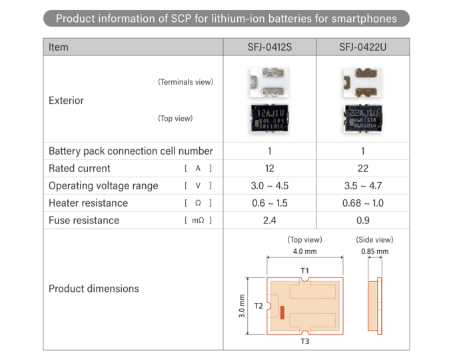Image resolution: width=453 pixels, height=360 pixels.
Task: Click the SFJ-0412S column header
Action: [270, 47]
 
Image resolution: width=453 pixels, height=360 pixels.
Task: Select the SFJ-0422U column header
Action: [362, 47]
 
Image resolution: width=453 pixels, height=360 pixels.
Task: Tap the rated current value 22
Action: [362, 168]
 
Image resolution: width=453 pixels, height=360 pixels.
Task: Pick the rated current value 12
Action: [270, 168]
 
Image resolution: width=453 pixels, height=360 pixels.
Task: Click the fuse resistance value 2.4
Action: [270, 220]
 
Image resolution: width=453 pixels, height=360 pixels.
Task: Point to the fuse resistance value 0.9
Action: [362, 220]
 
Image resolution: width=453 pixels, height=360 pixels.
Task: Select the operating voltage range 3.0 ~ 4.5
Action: [270, 185]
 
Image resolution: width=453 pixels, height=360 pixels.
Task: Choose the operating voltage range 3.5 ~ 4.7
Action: [362, 185]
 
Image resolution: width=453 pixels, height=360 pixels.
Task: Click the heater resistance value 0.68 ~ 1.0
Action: [362, 203]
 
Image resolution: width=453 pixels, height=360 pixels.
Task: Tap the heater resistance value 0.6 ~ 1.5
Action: [270, 203]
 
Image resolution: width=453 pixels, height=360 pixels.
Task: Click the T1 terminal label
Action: [304, 270]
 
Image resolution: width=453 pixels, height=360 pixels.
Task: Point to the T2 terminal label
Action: [258, 306]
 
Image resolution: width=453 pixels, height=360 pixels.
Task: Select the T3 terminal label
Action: [304, 341]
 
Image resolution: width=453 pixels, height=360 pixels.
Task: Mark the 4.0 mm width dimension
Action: [305, 251]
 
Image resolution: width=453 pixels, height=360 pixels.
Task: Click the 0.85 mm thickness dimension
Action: [374, 251]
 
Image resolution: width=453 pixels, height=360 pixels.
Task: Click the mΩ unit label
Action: [198, 221]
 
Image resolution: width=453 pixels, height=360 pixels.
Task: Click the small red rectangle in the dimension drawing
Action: [282, 312]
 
